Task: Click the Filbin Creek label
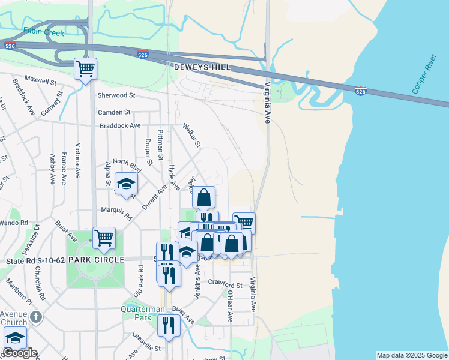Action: (43, 32)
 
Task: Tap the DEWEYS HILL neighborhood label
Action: (202, 68)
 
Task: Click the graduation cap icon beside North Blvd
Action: (126, 184)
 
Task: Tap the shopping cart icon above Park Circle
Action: (104, 238)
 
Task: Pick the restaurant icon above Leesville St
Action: (168, 325)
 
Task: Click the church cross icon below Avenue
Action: (35, 316)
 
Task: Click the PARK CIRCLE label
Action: (96, 260)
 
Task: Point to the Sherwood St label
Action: (116, 95)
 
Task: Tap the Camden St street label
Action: (114, 112)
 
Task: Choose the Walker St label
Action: (191, 136)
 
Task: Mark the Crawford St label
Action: (224, 284)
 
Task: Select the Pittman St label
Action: (160, 144)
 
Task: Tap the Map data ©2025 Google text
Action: (412, 355)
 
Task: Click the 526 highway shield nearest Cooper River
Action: (360, 91)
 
